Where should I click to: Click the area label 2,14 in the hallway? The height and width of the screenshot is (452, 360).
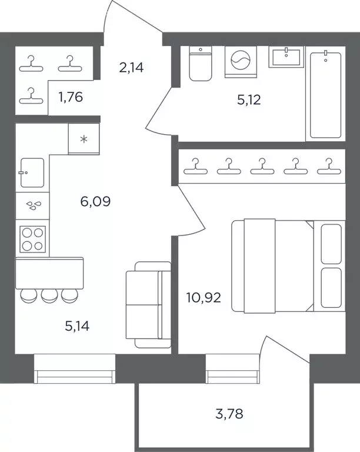pyautogui.click(x=131, y=68)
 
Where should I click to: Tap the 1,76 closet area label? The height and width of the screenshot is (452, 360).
pyautogui.click(x=71, y=97)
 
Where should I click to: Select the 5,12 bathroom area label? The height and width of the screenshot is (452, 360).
pyautogui.click(x=249, y=99)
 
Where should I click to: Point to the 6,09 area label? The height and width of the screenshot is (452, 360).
pyautogui.click(x=95, y=201)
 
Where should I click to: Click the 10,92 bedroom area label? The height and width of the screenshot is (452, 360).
pyautogui.click(x=204, y=297)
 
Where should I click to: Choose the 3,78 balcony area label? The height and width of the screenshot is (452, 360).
pyautogui.click(x=229, y=414)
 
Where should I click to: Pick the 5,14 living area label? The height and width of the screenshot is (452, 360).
pyautogui.click(x=77, y=326)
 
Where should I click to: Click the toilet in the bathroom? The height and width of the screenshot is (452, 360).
pyautogui.click(x=201, y=64)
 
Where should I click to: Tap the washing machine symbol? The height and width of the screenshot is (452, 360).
pyautogui.click(x=241, y=62)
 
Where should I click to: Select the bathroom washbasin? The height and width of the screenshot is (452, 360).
pyautogui.click(x=286, y=56)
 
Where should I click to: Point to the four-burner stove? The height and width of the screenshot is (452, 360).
pyautogui.click(x=32, y=240)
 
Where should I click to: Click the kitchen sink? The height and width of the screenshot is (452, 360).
pyautogui.click(x=32, y=172)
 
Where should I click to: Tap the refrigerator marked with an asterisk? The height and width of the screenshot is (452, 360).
pyautogui.click(x=84, y=139)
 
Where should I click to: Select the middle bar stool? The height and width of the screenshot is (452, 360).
pyautogui.click(x=49, y=295)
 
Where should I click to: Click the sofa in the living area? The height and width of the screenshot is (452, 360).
pyautogui.click(x=149, y=305)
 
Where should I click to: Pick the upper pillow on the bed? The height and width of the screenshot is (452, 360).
pyautogui.click(x=331, y=244)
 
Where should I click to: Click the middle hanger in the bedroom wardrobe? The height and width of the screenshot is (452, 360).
pyautogui.click(x=262, y=167)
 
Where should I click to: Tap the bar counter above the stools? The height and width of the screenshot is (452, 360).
pyautogui.click(x=49, y=273)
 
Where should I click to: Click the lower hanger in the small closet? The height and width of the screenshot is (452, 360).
pyautogui.click(x=31, y=96)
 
